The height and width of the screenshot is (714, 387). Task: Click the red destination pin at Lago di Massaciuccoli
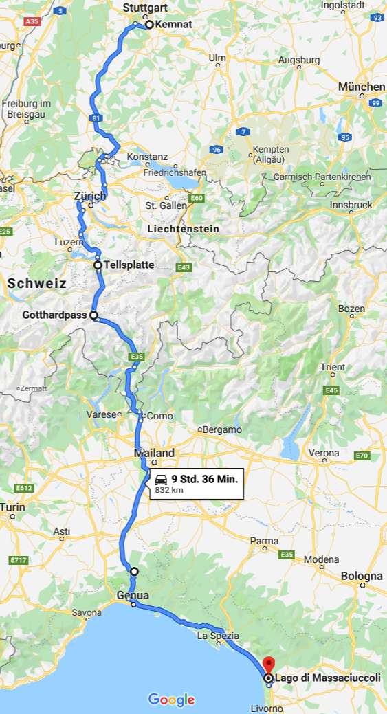(268, 665)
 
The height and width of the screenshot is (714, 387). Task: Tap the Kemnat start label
(174, 24)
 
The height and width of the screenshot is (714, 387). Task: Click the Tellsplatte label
(129, 265)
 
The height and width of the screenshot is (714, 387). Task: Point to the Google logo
(171, 700)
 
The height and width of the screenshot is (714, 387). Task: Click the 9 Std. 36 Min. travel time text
(205, 478)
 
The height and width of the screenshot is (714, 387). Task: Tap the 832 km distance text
(169, 491)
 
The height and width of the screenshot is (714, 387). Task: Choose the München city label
(362, 87)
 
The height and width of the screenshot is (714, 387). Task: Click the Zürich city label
(90, 197)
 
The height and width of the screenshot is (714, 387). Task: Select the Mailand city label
(155, 453)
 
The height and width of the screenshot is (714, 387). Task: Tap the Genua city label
(133, 595)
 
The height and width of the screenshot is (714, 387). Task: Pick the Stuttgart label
(146, 8)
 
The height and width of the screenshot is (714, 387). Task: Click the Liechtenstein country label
(184, 228)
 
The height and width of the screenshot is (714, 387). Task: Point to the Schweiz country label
(37, 283)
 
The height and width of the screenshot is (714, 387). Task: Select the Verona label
(324, 453)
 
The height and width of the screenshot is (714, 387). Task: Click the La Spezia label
(217, 636)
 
